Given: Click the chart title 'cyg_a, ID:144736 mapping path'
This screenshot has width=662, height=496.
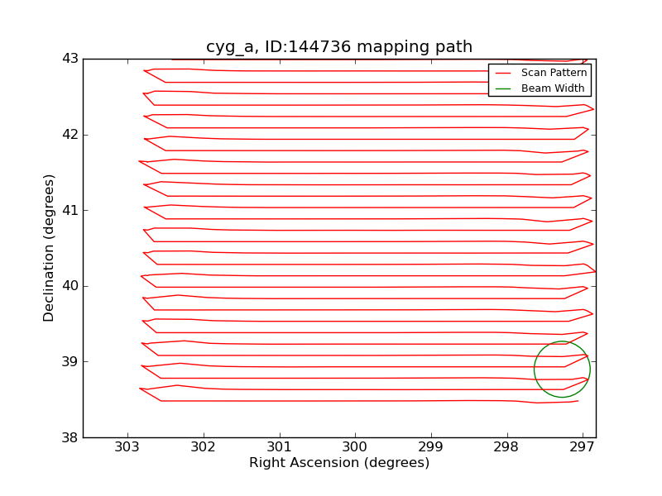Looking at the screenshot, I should [339, 47].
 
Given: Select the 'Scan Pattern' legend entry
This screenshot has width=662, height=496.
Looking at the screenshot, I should [554, 73].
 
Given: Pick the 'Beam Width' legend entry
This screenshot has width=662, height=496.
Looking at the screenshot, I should [552, 88].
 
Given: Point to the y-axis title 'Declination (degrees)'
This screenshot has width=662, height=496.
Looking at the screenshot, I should [50, 248].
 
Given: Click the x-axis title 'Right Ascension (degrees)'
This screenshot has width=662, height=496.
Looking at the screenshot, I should [339, 463].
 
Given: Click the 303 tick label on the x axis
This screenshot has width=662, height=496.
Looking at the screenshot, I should [127, 447].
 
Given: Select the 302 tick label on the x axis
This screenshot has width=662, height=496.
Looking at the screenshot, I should [204, 447].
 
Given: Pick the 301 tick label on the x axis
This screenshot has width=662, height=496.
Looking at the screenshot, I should [280, 447].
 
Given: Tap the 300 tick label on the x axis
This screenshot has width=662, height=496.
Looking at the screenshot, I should [355, 447].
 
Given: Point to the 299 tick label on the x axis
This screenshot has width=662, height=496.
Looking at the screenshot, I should [431, 447].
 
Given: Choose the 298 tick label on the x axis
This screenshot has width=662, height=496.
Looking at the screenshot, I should [506, 447].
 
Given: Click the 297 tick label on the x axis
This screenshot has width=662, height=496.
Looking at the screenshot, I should [583, 447].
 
